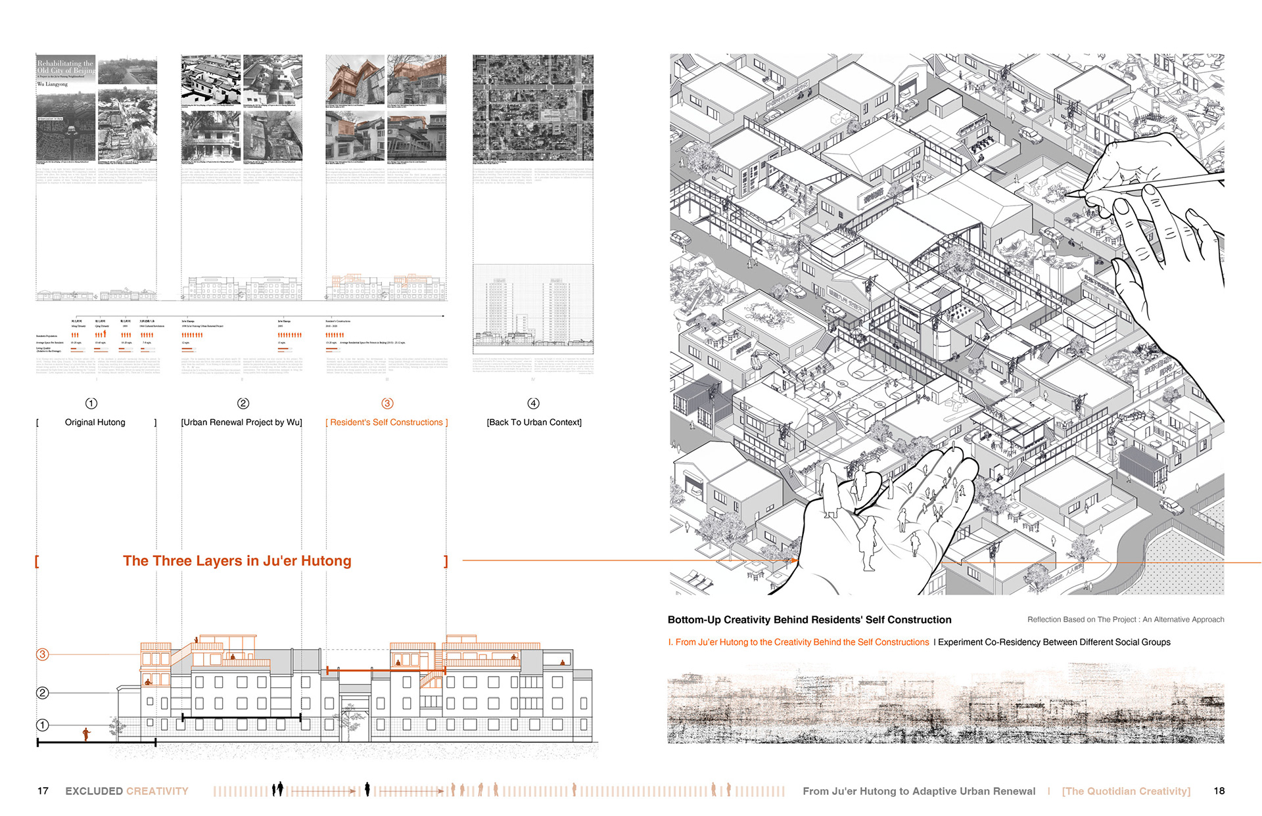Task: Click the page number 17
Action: point(43,791)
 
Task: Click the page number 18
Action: point(1219,791)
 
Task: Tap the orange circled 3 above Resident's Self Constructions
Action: point(387,403)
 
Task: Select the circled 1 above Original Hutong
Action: point(91,403)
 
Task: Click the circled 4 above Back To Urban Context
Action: point(533,403)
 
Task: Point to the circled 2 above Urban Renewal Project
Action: point(243,403)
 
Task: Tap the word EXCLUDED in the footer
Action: point(94,791)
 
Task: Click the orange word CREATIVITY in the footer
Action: point(158,791)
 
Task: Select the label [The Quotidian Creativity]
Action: point(1126,791)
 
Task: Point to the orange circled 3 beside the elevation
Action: point(43,654)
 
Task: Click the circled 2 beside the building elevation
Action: point(43,692)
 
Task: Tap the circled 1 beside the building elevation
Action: point(43,725)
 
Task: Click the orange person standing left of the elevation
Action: point(86,734)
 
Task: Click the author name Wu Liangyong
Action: point(53,84)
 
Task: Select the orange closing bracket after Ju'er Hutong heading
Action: point(446,561)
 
